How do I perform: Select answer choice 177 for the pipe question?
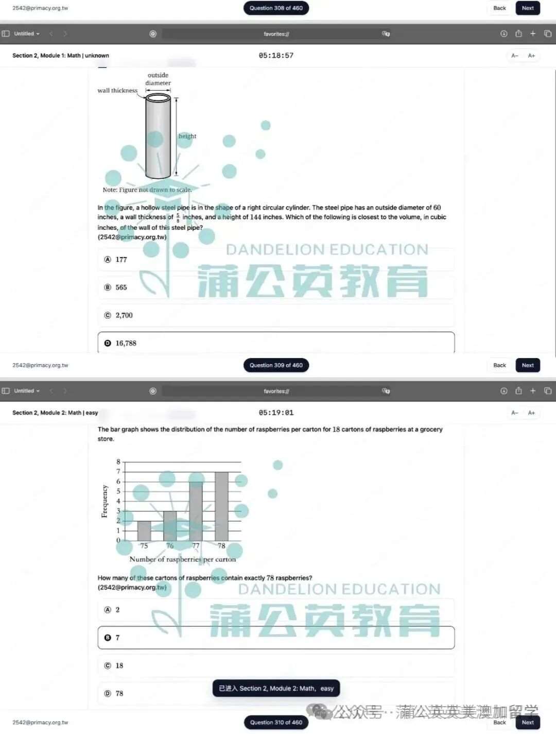click(121, 260)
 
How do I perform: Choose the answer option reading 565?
click(121, 287)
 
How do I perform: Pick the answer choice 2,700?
click(124, 315)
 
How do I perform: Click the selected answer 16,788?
click(126, 343)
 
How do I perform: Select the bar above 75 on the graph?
click(144, 531)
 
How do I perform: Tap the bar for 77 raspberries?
click(196, 511)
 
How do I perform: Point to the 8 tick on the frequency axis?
click(118, 462)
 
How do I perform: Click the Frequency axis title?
click(105, 501)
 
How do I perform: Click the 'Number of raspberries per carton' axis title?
click(182, 559)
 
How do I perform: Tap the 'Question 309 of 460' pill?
click(276, 365)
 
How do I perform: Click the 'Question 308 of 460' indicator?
click(276, 8)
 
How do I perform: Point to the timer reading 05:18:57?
click(276, 56)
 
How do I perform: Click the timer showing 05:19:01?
click(276, 413)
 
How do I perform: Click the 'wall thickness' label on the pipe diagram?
click(117, 91)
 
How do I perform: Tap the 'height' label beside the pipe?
click(187, 136)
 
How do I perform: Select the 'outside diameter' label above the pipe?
click(158, 79)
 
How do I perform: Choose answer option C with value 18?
click(119, 665)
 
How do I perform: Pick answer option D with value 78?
click(119, 693)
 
